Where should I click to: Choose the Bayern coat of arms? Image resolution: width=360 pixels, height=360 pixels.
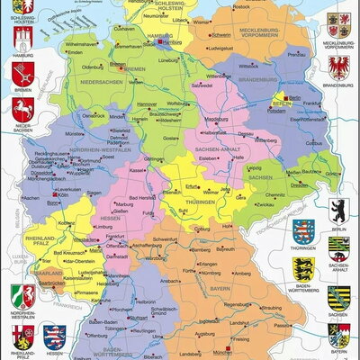(339, 337)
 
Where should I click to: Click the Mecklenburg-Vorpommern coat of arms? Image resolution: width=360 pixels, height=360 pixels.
(339, 22)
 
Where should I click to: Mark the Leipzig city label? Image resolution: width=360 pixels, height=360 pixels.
(256, 167)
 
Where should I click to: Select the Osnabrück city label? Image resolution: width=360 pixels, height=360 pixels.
(94, 115)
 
